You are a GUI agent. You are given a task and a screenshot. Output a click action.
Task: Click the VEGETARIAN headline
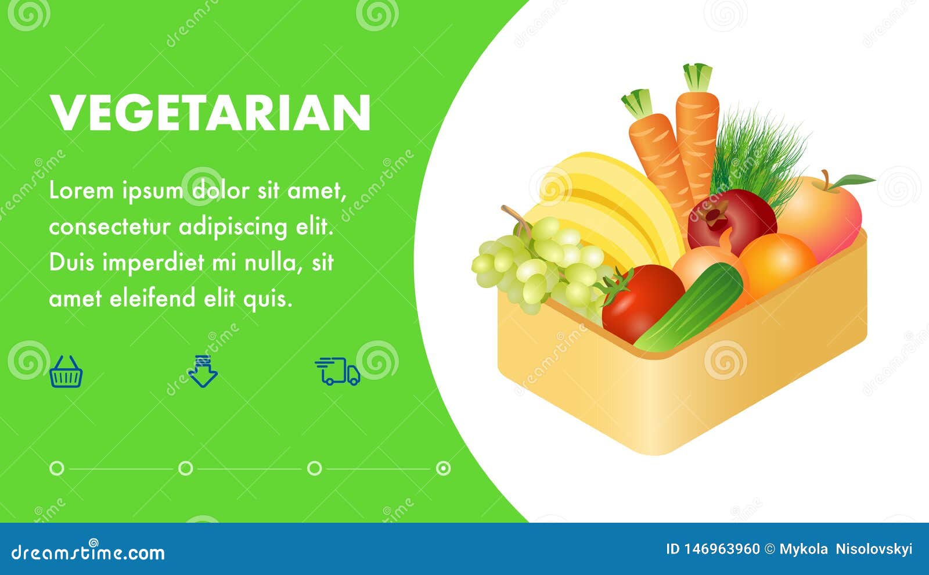coord(210,113)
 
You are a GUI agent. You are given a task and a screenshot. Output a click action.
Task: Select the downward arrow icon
coord(203,371)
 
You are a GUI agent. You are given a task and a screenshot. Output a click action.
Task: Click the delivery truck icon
coord(337,371)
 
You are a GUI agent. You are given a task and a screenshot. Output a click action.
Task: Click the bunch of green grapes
coord(539,265)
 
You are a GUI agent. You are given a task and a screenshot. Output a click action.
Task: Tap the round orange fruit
coord(777,265)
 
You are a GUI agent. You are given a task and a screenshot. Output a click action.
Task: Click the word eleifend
coord(152,298)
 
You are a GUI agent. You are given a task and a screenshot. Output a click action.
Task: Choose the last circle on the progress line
coord(444,468)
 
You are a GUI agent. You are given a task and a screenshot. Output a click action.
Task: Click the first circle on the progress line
coord(57,468)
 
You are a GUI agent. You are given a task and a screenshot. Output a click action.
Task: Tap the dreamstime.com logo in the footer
coord(88,551)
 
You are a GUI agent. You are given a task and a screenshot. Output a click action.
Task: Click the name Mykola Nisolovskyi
coord(845,549)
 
